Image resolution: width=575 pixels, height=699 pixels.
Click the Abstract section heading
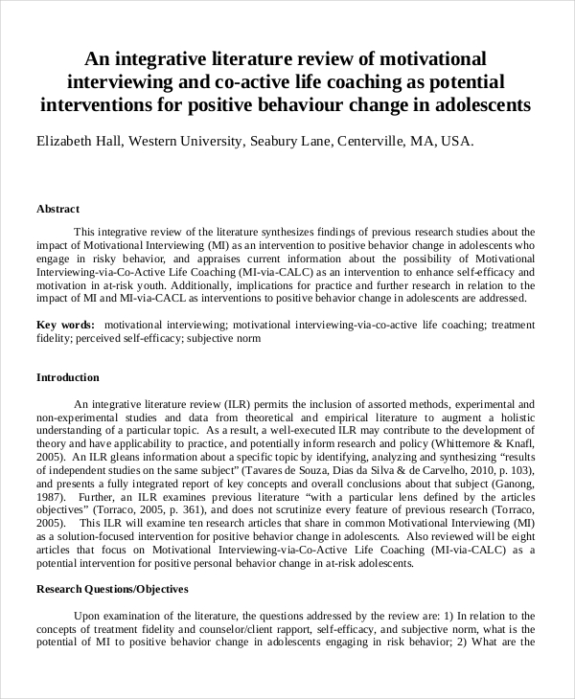coord(57,208)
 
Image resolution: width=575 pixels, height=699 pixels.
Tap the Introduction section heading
coord(67,377)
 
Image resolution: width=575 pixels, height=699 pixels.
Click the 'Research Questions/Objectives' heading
coord(112,589)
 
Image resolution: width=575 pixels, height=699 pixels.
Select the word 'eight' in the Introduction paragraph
coord(522,539)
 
